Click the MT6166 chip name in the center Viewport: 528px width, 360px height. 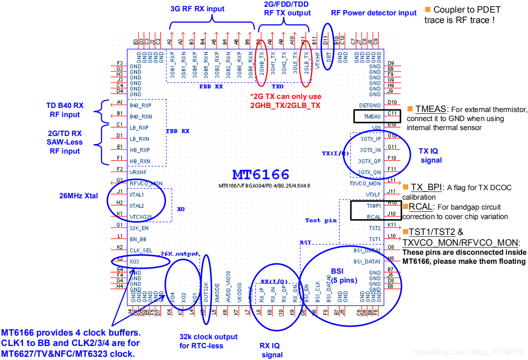tap(261, 175)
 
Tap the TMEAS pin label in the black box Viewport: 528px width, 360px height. tap(372, 117)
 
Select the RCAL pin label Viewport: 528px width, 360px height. tap(374, 217)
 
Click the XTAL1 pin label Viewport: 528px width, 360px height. tap(137, 195)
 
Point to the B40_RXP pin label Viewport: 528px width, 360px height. tap(140, 106)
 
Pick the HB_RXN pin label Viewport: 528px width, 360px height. tap(140, 161)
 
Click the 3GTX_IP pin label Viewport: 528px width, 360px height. tap(370, 139)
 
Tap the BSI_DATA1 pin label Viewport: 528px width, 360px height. tap(367, 261)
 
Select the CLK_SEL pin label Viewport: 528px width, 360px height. tap(141, 250)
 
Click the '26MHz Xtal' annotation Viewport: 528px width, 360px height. tap(79, 196)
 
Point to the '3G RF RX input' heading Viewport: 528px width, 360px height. tap(197, 9)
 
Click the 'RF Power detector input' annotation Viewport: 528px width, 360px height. tap(374, 13)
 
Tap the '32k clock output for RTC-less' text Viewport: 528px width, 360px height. tap(208, 341)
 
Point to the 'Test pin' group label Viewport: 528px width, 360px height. tap(321, 220)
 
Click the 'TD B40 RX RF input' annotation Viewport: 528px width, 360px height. tap(65, 110)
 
